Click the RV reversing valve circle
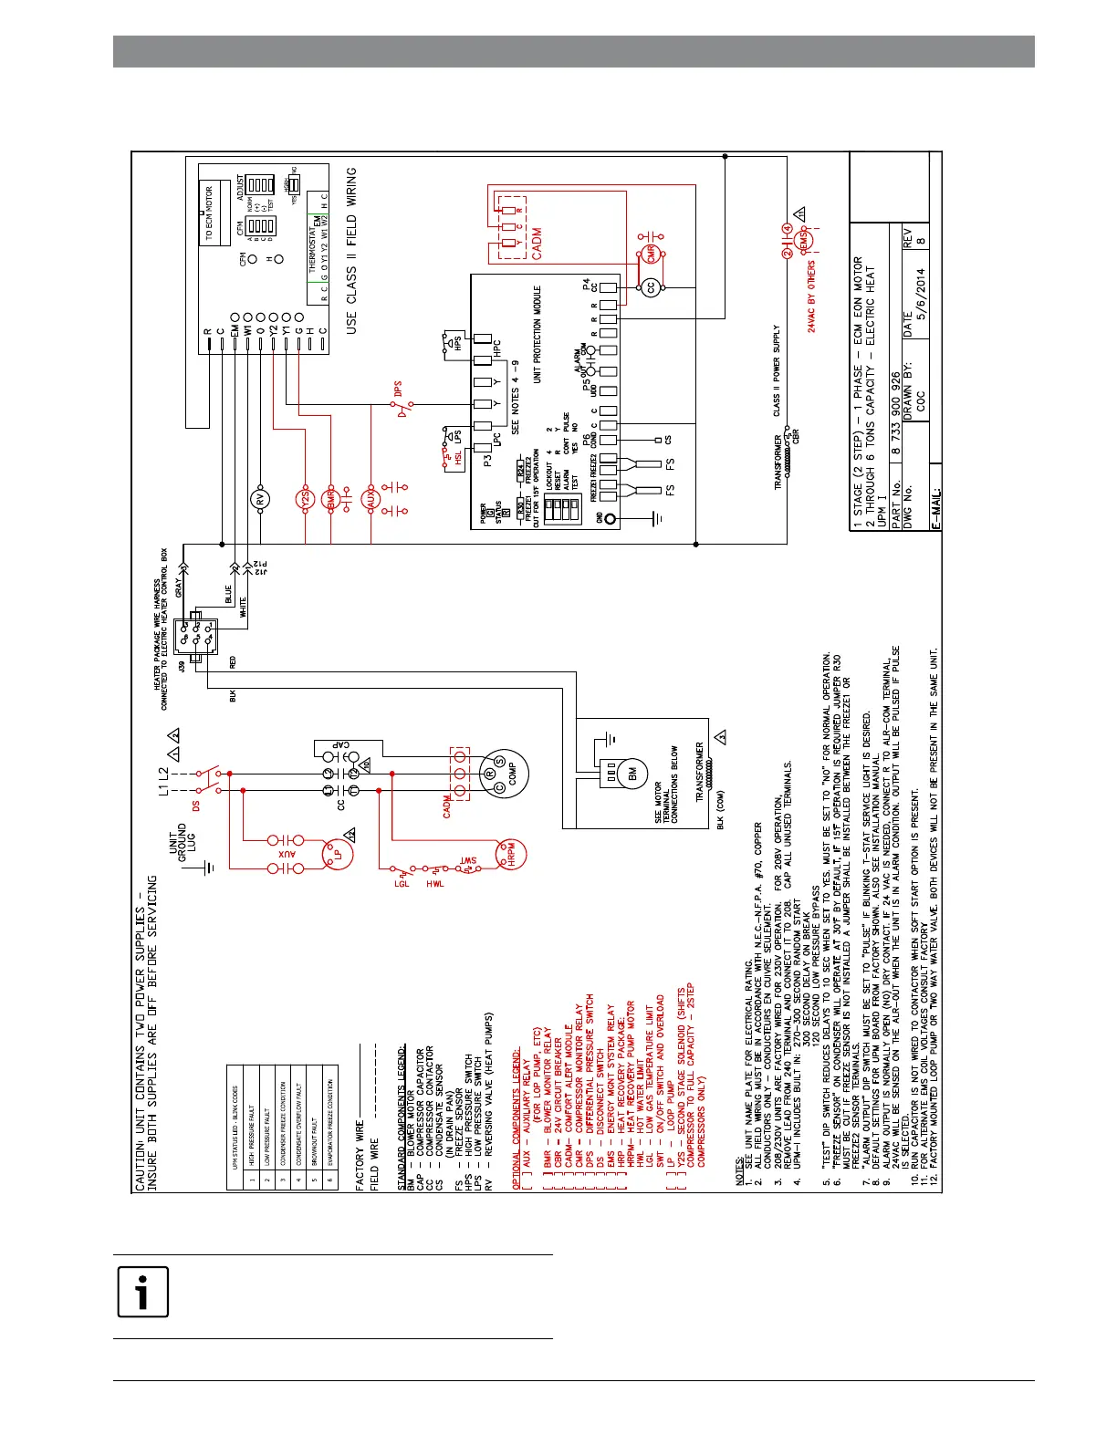tap(261, 500)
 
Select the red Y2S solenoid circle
tap(305, 499)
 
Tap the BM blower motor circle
tap(632, 774)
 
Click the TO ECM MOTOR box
tap(209, 213)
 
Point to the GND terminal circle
tap(610, 520)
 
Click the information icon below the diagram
tap(142, 1292)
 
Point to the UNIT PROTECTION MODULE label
tap(538, 334)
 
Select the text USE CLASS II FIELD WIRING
tap(352, 250)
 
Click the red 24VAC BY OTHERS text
tap(811, 297)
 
